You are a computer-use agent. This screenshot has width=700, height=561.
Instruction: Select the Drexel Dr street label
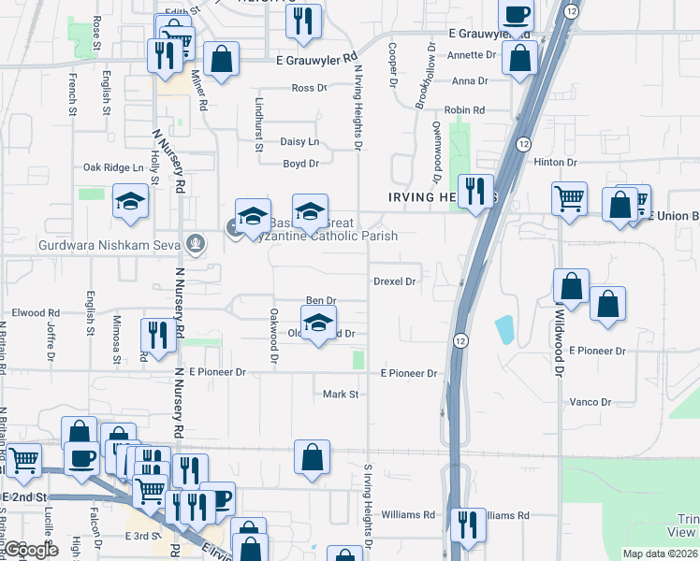(x=394, y=280)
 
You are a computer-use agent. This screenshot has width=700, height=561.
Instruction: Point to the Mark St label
(x=341, y=395)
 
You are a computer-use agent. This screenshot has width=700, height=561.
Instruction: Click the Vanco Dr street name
(x=590, y=402)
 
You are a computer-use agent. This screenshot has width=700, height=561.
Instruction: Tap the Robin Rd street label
(x=464, y=110)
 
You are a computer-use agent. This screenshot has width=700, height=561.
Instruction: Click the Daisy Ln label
(x=299, y=142)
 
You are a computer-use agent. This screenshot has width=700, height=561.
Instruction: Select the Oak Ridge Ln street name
(x=113, y=167)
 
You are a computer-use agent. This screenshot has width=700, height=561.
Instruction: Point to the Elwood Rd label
(x=36, y=313)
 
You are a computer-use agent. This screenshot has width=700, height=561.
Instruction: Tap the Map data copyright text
(x=659, y=554)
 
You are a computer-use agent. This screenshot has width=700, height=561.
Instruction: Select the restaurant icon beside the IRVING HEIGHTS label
(x=475, y=192)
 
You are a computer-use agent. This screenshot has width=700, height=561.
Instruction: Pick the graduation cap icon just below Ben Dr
(x=319, y=324)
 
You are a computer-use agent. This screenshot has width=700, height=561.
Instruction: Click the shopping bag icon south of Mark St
(x=313, y=458)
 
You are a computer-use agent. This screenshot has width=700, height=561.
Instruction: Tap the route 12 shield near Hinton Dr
(x=522, y=143)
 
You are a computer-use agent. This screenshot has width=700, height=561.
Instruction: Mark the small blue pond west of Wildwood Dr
(x=504, y=329)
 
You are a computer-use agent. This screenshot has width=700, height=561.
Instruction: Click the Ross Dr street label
(x=309, y=88)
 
